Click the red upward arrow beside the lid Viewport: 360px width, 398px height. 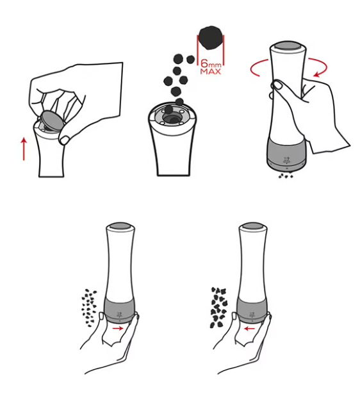click(24, 149)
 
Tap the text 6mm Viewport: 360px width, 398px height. click(211, 63)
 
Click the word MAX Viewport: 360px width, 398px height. click(211, 71)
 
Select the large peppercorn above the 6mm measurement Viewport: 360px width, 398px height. click(211, 38)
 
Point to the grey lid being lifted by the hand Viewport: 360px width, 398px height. click(51, 120)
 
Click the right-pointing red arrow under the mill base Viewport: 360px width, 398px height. click(118, 328)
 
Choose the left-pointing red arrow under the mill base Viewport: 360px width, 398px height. click(249, 329)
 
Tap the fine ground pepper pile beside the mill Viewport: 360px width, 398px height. click(89, 308)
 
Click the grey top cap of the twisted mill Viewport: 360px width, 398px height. click(288, 46)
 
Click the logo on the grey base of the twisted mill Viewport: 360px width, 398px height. click(287, 160)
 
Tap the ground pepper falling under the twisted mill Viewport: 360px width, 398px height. click(286, 176)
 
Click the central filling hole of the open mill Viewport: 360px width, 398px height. click(172, 118)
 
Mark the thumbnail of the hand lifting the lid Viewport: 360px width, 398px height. click(64, 140)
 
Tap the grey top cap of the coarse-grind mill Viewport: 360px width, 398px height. click(252, 226)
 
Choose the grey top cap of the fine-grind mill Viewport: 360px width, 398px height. click(120, 226)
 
